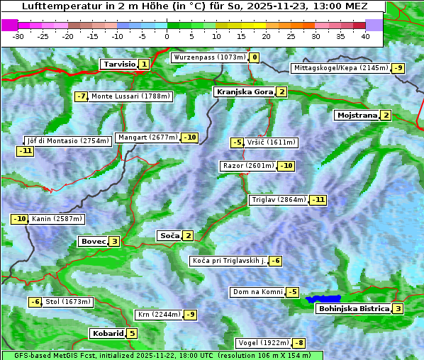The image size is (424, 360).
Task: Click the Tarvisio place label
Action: pyautogui.click(x=118, y=64)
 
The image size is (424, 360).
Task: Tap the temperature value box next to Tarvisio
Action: pyautogui.click(x=144, y=64)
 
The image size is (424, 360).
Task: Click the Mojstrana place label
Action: pyautogui.click(x=357, y=115)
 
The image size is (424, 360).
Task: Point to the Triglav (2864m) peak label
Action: pyautogui.click(x=279, y=200)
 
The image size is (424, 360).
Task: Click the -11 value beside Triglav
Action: pyautogui.click(x=318, y=200)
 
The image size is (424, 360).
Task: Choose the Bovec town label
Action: pyautogui.click(x=93, y=241)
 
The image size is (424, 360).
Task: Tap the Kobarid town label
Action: pyautogui.click(x=107, y=333)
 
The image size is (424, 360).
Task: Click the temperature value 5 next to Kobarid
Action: pyautogui.click(x=132, y=333)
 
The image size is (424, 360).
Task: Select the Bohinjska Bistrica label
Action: pyautogui.click(x=354, y=308)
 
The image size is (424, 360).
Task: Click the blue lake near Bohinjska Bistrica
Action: pyautogui.click(x=323, y=299)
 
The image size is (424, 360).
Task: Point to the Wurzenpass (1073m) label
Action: pyautogui.click(x=209, y=57)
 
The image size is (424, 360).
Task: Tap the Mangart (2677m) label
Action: pyautogui.click(x=147, y=137)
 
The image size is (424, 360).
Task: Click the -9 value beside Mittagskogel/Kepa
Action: pyautogui.click(x=399, y=68)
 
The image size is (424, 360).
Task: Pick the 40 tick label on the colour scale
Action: pyautogui.click(x=365, y=35)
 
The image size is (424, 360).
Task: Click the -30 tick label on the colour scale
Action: pyautogui.click(x=18, y=35)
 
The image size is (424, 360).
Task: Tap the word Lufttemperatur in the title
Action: pyautogui.click(x=53, y=6)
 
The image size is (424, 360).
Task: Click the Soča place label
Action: pyautogui.click(x=169, y=235)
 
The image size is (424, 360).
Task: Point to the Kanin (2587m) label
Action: pyautogui.click(x=57, y=219)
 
